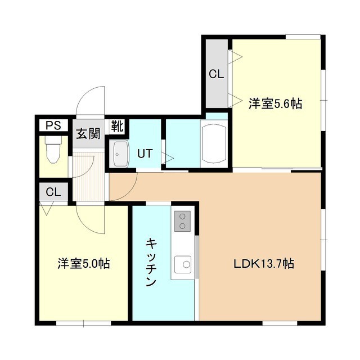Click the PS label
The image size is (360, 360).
pyautogui.click(x=53, y=125)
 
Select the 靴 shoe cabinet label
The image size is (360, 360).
pyautogui.click(x=118, y=126)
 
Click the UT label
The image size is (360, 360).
pyautogui.click(x=145, y=154)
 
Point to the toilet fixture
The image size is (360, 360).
pyautogui.click(x=54, y=150)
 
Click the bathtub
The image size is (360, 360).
pyautogui.click(x=214, y=144)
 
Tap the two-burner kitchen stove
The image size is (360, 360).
pyautogui.click(x=182, y=221)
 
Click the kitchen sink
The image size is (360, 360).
pyautogui.click(x=183, y=265)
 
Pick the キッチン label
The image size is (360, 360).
pyautogui.click(x=151, y=262)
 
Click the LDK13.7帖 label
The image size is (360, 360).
pyautogui.click(x=264, y=264)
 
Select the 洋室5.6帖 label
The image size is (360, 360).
pyautogui.click(x=275, y=103)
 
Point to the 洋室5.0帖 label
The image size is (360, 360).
pyautogui.click(x=84, y=264)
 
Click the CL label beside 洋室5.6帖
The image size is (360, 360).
pyautogui.click(x=216, y=74)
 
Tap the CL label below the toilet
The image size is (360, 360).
pyautogui.click(x=53, y=192)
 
